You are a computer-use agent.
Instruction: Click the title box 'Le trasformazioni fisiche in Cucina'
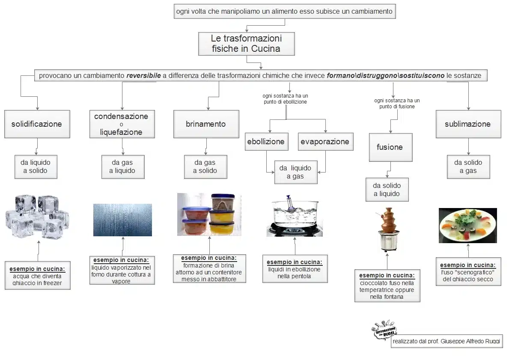(x=246, y=44)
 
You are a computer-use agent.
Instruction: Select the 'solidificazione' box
(x=37, y=124)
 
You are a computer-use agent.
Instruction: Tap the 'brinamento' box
(x=206, y=124)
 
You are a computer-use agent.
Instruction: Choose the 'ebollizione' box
(x=266, y=142)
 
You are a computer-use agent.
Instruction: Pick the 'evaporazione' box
(x=325, y=142)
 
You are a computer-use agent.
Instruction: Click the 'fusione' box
(x=390, y=147)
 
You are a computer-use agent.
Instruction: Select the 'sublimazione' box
(x=468, y=124)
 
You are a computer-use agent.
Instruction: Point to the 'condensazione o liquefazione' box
(x=122, y=124)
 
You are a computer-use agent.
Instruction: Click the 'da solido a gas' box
(x=468, y=167)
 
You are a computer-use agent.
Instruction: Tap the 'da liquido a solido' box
(x=36, y=167)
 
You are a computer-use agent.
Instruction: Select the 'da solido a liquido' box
(x=387, y=190)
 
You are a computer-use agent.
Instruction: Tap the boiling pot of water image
(x=295, y=217)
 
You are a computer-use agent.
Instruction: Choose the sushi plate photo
(x=467, y=225)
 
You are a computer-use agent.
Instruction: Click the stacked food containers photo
(x=209, y=214)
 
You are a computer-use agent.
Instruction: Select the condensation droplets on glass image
(x=122, y=220)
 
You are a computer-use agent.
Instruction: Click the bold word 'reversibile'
(x=143, y=76)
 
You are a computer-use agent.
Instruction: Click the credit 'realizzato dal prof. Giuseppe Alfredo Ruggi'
(x=446, y=341)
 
